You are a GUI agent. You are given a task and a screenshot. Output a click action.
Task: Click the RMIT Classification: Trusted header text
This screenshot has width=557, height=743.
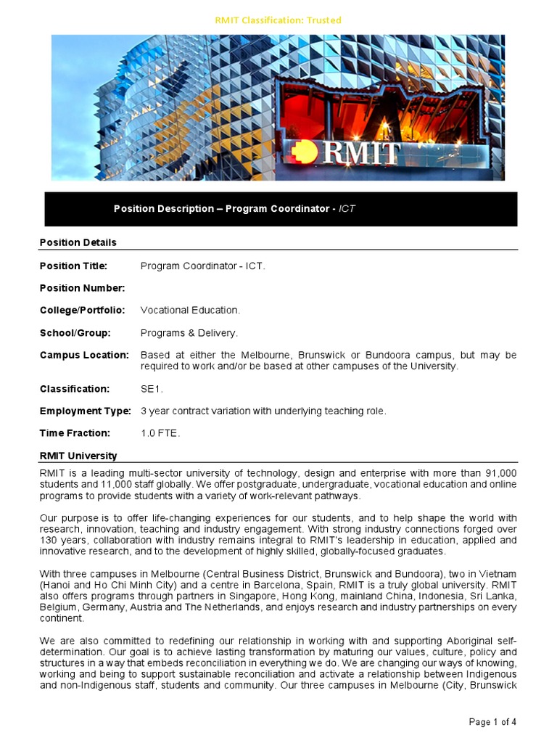click(278, 20)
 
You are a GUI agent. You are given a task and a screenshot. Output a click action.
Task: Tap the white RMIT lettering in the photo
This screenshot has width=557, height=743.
click(362, 153)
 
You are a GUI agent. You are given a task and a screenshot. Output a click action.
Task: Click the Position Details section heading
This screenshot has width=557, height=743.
click(78, 242)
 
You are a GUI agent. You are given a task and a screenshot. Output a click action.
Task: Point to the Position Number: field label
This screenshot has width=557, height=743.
click(82, 288)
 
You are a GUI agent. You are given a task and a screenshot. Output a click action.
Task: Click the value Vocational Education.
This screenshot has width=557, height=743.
click(190, 311)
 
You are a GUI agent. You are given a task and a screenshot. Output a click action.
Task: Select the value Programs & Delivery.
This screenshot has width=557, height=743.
click(189, 333)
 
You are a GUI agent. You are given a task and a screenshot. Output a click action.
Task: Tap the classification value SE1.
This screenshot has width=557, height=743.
click(152, 389)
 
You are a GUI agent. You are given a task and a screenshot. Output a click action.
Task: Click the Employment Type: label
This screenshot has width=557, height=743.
click(86, 411)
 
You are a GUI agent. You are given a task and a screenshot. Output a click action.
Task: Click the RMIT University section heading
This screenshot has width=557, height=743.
click(78, 456)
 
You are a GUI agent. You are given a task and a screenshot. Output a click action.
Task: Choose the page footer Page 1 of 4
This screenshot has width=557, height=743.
click(493, 722)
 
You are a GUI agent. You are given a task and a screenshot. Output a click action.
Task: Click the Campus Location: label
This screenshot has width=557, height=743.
click(84, 356)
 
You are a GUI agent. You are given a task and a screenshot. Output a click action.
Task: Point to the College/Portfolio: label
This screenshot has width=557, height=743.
click(82, 311)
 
